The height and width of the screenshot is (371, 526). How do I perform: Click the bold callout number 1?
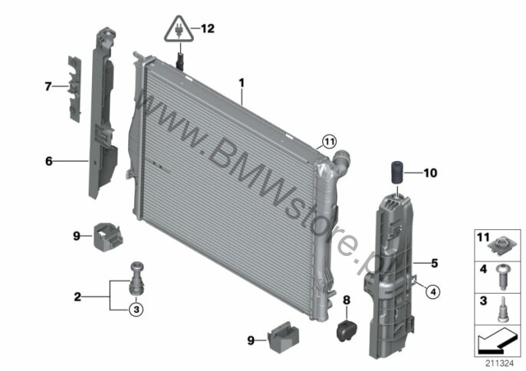click(242, 83)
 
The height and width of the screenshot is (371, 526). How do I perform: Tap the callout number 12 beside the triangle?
click(208, 28)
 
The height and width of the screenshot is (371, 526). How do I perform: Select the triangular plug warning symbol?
click(179, 29)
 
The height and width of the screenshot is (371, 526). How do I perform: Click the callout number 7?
click(48, 87)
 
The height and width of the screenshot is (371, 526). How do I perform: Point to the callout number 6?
click(49, 161)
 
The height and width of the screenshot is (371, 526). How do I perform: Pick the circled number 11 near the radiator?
click(329, 142)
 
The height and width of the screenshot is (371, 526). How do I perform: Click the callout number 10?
click(430, 172)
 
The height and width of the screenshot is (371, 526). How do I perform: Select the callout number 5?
click(435, 264)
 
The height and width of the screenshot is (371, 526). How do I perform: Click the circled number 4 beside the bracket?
click(433, 292)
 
